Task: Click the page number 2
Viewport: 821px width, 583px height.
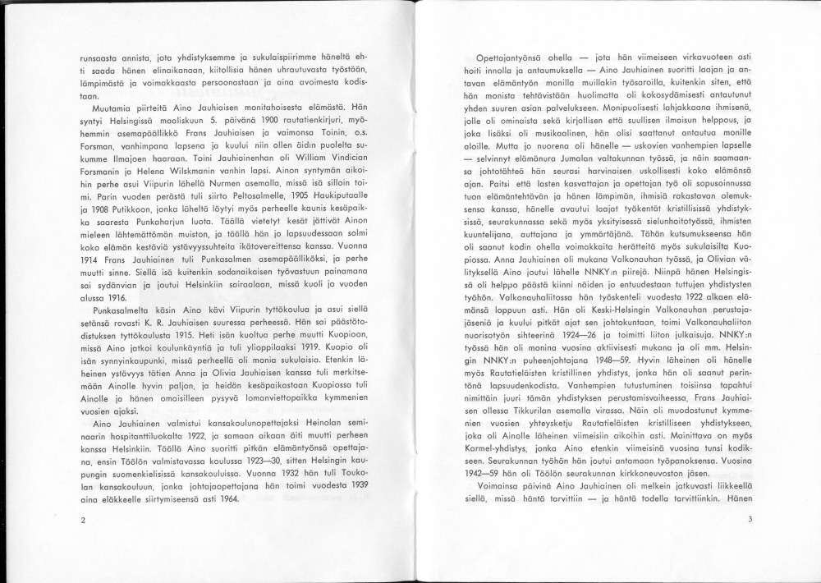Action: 83,521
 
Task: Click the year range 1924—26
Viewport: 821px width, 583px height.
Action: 599,335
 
